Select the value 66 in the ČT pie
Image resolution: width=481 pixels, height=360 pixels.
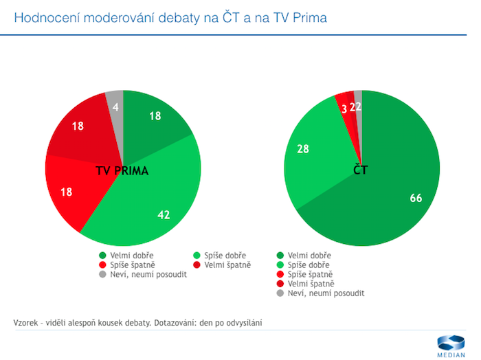pyautogui.click(x=416, y=199)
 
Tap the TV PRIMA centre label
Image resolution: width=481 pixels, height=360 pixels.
pyautogui.click(x=123, y=170)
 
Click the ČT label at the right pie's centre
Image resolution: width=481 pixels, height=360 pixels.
pyautogui.click(x=361, y=170)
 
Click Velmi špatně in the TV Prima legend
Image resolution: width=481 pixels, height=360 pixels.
pyautogui.click(x=230, y=265)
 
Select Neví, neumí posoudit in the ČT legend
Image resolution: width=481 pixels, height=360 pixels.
pyautogui.click(x=326, y=293)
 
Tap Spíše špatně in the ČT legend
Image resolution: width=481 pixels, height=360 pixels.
pyautogui.click(x=313, y=274)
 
